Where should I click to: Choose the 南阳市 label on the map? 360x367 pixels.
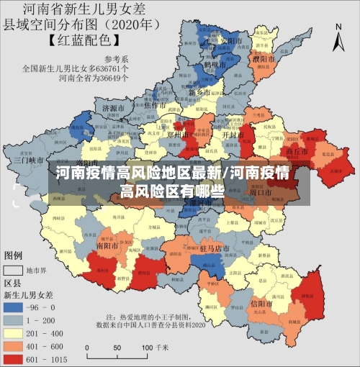tap(107, 245)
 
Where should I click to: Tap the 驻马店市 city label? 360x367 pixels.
tap(214, 248)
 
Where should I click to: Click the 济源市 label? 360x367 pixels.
tap(114, 108)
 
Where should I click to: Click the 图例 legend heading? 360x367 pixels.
tap(14, 255)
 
